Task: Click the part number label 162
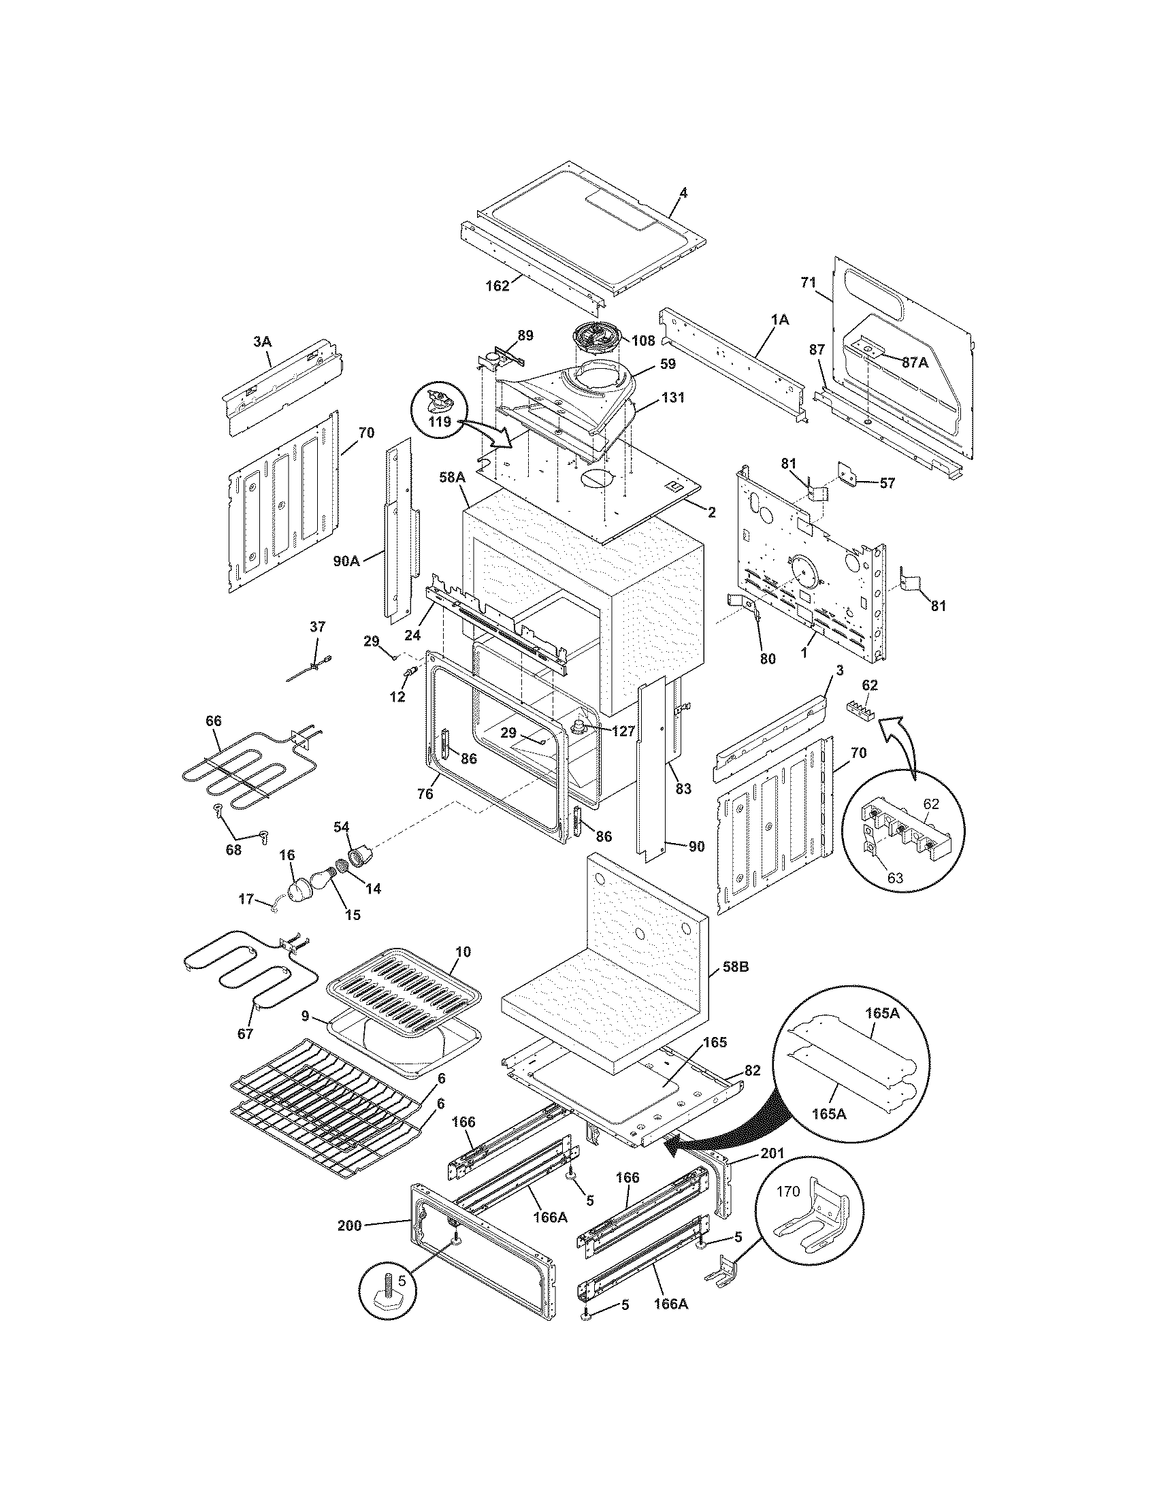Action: [498, 286]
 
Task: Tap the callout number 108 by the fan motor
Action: [645, 341]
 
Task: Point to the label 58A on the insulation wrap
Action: [453, 478]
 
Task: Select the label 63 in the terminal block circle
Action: [895, 877]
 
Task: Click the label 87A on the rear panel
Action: [914, 363]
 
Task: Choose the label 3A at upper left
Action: [261, 341]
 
